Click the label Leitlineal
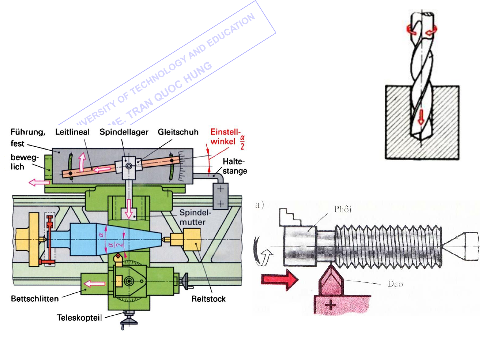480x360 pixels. coord(72,132)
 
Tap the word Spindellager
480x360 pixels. coord(124,132)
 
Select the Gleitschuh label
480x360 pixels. coord(178,132)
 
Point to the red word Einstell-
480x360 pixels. coord(225,132)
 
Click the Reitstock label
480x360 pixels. coord(209,299)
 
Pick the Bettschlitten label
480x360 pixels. coord(35,299)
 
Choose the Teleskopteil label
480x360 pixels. coord(79,318)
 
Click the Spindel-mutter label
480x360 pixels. coord(195,217)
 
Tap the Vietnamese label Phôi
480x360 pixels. coord(343,209)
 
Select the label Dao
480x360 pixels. coord(395,284)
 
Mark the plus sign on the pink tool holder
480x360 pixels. coord(331,305)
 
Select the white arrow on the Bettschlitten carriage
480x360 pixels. coord(95,284)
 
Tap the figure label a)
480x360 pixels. coord(259,204)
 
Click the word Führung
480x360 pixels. coord(28,132)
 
